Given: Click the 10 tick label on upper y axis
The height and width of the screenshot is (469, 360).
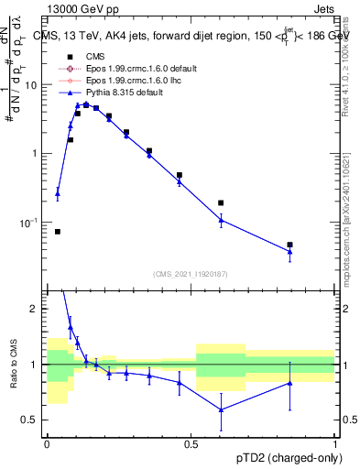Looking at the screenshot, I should pyautogui.click(x=31, y=84).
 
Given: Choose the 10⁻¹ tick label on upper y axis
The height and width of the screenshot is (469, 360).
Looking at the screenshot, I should pyautogui.click(x=30, y=223).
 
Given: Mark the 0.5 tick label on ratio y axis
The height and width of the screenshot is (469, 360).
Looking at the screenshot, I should pyautogui.click(x=33, y=420).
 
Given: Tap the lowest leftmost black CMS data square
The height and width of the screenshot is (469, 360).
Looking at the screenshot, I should pyautogui.click(x=57, y=232).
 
